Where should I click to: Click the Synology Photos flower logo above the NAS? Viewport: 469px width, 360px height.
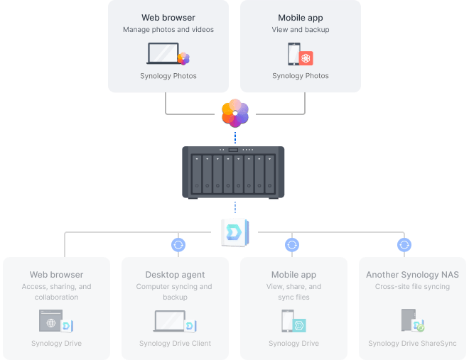pos(234,114)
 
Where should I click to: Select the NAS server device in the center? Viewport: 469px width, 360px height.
pos(234,173)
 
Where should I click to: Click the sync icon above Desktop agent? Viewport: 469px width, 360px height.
pos(178,245)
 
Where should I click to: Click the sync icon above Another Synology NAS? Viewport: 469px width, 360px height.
pos(404,245)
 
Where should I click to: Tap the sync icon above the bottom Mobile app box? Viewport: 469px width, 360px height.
pos(291,245)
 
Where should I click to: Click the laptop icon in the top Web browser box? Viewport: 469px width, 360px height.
pos(164,54)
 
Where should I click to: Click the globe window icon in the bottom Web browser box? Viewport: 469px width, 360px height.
pos(51,322)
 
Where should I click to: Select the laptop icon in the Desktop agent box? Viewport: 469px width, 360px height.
pos(171,322)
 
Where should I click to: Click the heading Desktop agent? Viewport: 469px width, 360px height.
pos(175,275)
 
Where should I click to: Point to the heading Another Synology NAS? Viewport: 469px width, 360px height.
pos(412,275)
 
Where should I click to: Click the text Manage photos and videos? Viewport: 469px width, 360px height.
pos(168,30)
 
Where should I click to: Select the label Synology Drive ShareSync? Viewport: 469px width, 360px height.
pos(412,344)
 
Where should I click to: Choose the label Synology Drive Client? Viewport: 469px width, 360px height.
pos(175,344)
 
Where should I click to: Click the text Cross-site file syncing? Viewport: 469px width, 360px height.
pos(412,287)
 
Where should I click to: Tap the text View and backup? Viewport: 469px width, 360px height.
pos(300,30)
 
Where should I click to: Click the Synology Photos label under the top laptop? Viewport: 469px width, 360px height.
pos(168,76)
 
